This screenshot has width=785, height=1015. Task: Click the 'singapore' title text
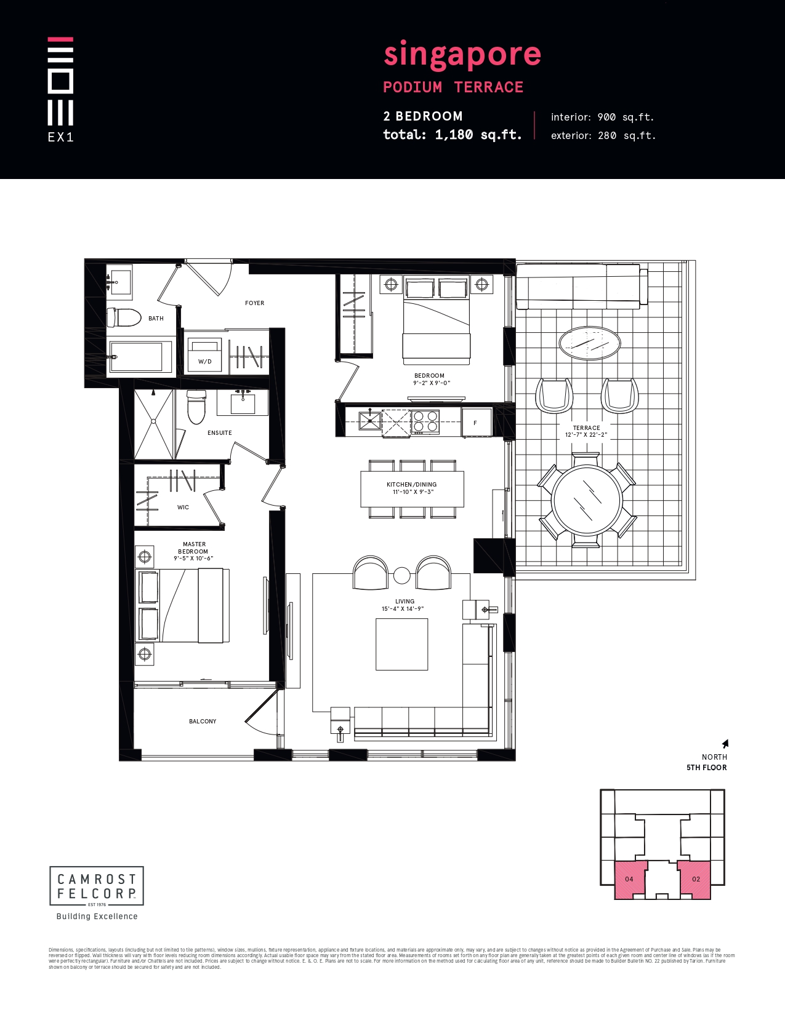pos(462,54)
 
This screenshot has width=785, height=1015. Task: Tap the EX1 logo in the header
pos(60,89)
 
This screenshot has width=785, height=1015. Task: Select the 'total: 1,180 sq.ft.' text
pos(452,135)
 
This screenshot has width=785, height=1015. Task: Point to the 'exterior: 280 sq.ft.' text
pos(603,135)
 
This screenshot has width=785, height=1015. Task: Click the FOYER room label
pos(254,303)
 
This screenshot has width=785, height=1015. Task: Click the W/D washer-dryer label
pos(204,361)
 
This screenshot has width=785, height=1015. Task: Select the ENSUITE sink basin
pos(243,404)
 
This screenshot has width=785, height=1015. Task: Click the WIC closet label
pos(183,507)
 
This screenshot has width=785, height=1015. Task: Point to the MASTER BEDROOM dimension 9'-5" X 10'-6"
pos(193,559)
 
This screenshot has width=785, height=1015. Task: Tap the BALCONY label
pos(203,721)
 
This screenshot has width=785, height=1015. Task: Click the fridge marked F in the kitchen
pos(476,423)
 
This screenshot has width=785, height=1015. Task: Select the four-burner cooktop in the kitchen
pos(425,421)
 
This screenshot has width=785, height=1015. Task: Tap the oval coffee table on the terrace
pos(589,343)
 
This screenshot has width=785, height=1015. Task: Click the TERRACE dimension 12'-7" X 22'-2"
pos(586,435)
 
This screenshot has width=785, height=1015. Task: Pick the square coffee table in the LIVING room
pos(401,644)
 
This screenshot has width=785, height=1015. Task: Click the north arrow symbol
pos(725,744)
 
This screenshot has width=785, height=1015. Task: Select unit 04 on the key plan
pos(630,880)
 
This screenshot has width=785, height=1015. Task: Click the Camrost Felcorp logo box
pos(97,886)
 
